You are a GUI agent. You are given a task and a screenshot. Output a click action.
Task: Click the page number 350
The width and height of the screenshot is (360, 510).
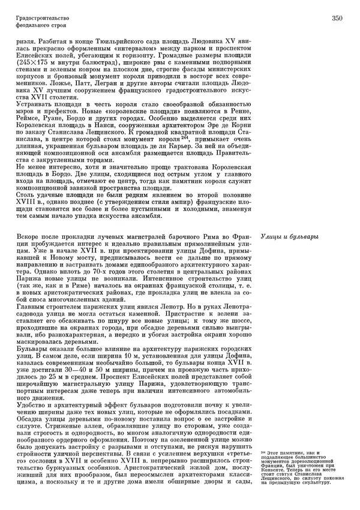pyautogui.click(x=336, y=19)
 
